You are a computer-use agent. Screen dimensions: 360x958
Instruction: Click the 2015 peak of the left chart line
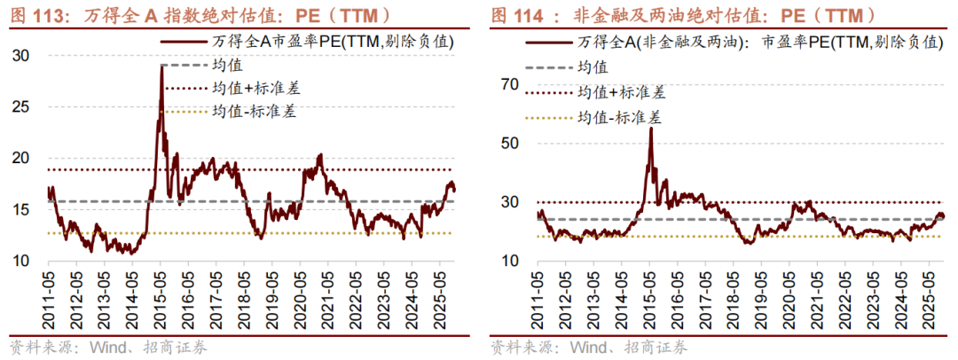click(x=161, y=66)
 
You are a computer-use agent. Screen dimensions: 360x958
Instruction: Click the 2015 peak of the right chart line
click(x=651, y=129)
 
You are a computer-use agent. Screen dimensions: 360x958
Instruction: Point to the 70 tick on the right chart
click(x=508, y=84)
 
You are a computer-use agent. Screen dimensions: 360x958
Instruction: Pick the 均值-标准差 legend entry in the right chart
click(x=620, y=116)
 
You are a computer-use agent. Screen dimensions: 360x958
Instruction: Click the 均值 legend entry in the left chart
click(x=228, y=65)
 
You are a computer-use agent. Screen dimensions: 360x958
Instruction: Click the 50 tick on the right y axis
click(x=508, y=143)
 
